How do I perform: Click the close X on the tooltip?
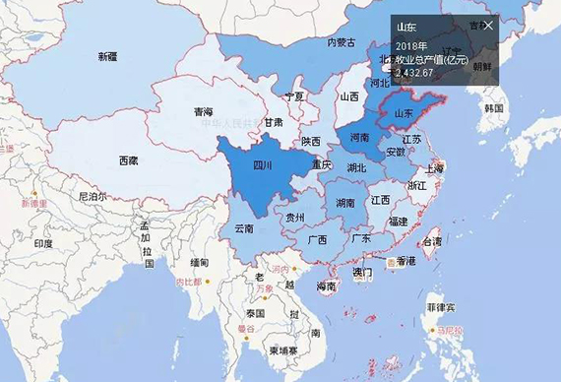coord(489,25)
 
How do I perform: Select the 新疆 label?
coord(107,57)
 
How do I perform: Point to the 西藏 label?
coord(128,160)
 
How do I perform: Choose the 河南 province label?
coord(358,138)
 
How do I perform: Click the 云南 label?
coord(244,229)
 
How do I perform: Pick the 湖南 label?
coord(344,203)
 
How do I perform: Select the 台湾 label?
coord(431,241)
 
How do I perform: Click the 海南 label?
coord(327,286)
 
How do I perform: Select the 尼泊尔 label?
coord(92,196)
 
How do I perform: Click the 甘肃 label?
coord(273,122)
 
